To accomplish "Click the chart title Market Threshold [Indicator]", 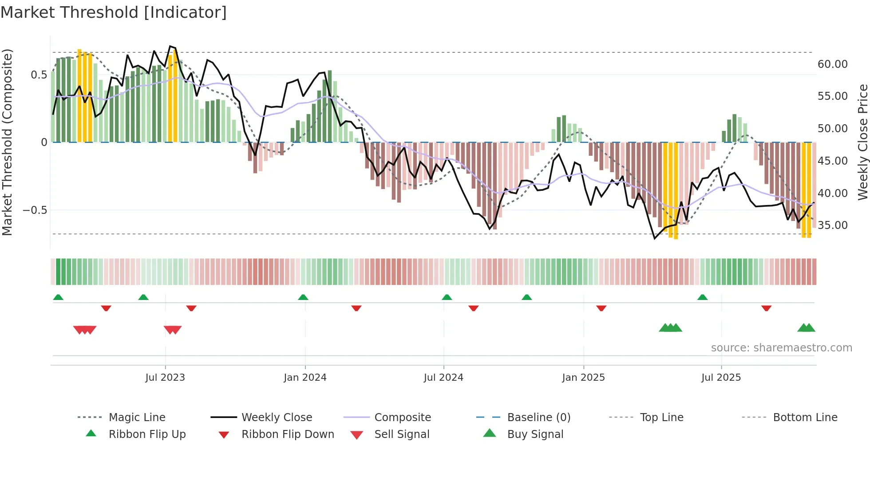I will pos(114,12).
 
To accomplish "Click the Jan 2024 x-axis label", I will pos(305,377).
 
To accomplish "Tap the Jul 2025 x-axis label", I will pos(721,377).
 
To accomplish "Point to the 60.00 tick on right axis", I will pos(832,64).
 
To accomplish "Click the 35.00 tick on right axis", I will pos(832,225).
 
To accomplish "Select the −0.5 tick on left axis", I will pos(35,210).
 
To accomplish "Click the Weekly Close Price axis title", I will pos(862,142).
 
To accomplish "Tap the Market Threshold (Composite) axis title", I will pos(7,142).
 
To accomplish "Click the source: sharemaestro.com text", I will pos(781,347).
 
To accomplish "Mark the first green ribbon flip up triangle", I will pos(58,297).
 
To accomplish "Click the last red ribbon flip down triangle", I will pos(766,308).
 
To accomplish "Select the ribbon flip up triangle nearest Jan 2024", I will pos(303,297).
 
